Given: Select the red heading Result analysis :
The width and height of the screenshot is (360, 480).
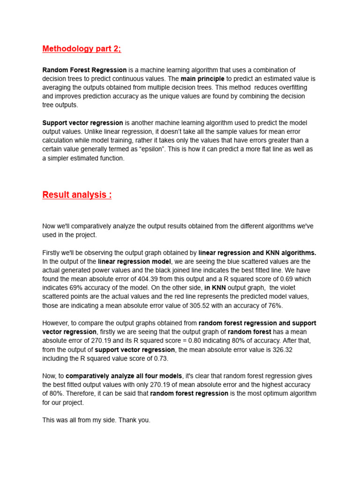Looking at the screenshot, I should (77, 195).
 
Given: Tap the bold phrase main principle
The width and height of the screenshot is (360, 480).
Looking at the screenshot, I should (202, 79).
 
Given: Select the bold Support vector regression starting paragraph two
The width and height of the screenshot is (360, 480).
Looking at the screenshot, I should (82, 123).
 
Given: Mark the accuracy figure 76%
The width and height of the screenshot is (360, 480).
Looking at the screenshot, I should (276, 306).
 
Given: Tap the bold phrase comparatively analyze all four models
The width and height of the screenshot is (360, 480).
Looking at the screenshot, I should (124, 376).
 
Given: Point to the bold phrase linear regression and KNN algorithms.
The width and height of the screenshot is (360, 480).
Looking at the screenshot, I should (257, 253).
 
